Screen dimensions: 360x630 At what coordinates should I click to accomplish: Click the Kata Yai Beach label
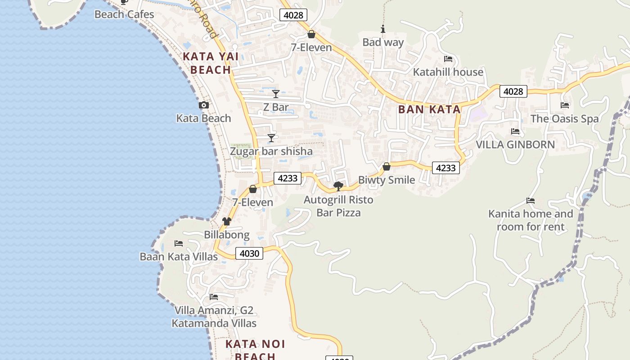click(x=211, y=63)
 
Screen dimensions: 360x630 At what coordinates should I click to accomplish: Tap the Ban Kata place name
click(x=429, y=109)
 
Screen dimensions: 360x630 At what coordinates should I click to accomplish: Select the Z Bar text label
click(x=276, y=107)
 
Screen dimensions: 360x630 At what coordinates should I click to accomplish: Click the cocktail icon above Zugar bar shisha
click(x=271, y=138)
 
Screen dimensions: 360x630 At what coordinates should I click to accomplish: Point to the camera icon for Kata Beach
click(x=204, y=105)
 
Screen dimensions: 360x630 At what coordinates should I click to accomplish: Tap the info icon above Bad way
click(x=383, y=29)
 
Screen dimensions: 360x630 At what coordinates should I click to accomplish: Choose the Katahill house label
click(x=448, y=72)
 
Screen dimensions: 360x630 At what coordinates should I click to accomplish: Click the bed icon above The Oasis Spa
click(x=565, y=105)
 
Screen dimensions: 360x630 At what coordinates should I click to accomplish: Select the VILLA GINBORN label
click(x=515, y=145)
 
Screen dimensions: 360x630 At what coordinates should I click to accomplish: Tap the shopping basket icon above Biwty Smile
click(x=386, y=167)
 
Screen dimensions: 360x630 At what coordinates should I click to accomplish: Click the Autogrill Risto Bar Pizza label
click(x=338, y=206)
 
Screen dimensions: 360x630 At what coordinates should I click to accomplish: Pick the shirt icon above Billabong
click(x=227, y=221)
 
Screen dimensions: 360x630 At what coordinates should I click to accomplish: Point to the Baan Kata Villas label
click(x=179, y=256)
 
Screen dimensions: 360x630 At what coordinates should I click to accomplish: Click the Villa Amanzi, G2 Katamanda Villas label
click(x=214, y=317)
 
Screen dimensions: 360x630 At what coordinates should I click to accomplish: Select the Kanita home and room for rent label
click(x=531, y=220)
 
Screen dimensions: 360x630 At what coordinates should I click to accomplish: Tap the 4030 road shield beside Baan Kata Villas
click(x=249, y=253)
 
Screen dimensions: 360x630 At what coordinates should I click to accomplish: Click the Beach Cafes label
click(x=124, y=14)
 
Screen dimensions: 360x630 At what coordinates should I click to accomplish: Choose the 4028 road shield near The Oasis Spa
click(x=513, y=92)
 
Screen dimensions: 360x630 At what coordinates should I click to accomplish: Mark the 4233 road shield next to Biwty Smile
click(x=446, y=168)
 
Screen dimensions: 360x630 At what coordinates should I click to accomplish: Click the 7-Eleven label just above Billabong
click(x=252, y=202)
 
